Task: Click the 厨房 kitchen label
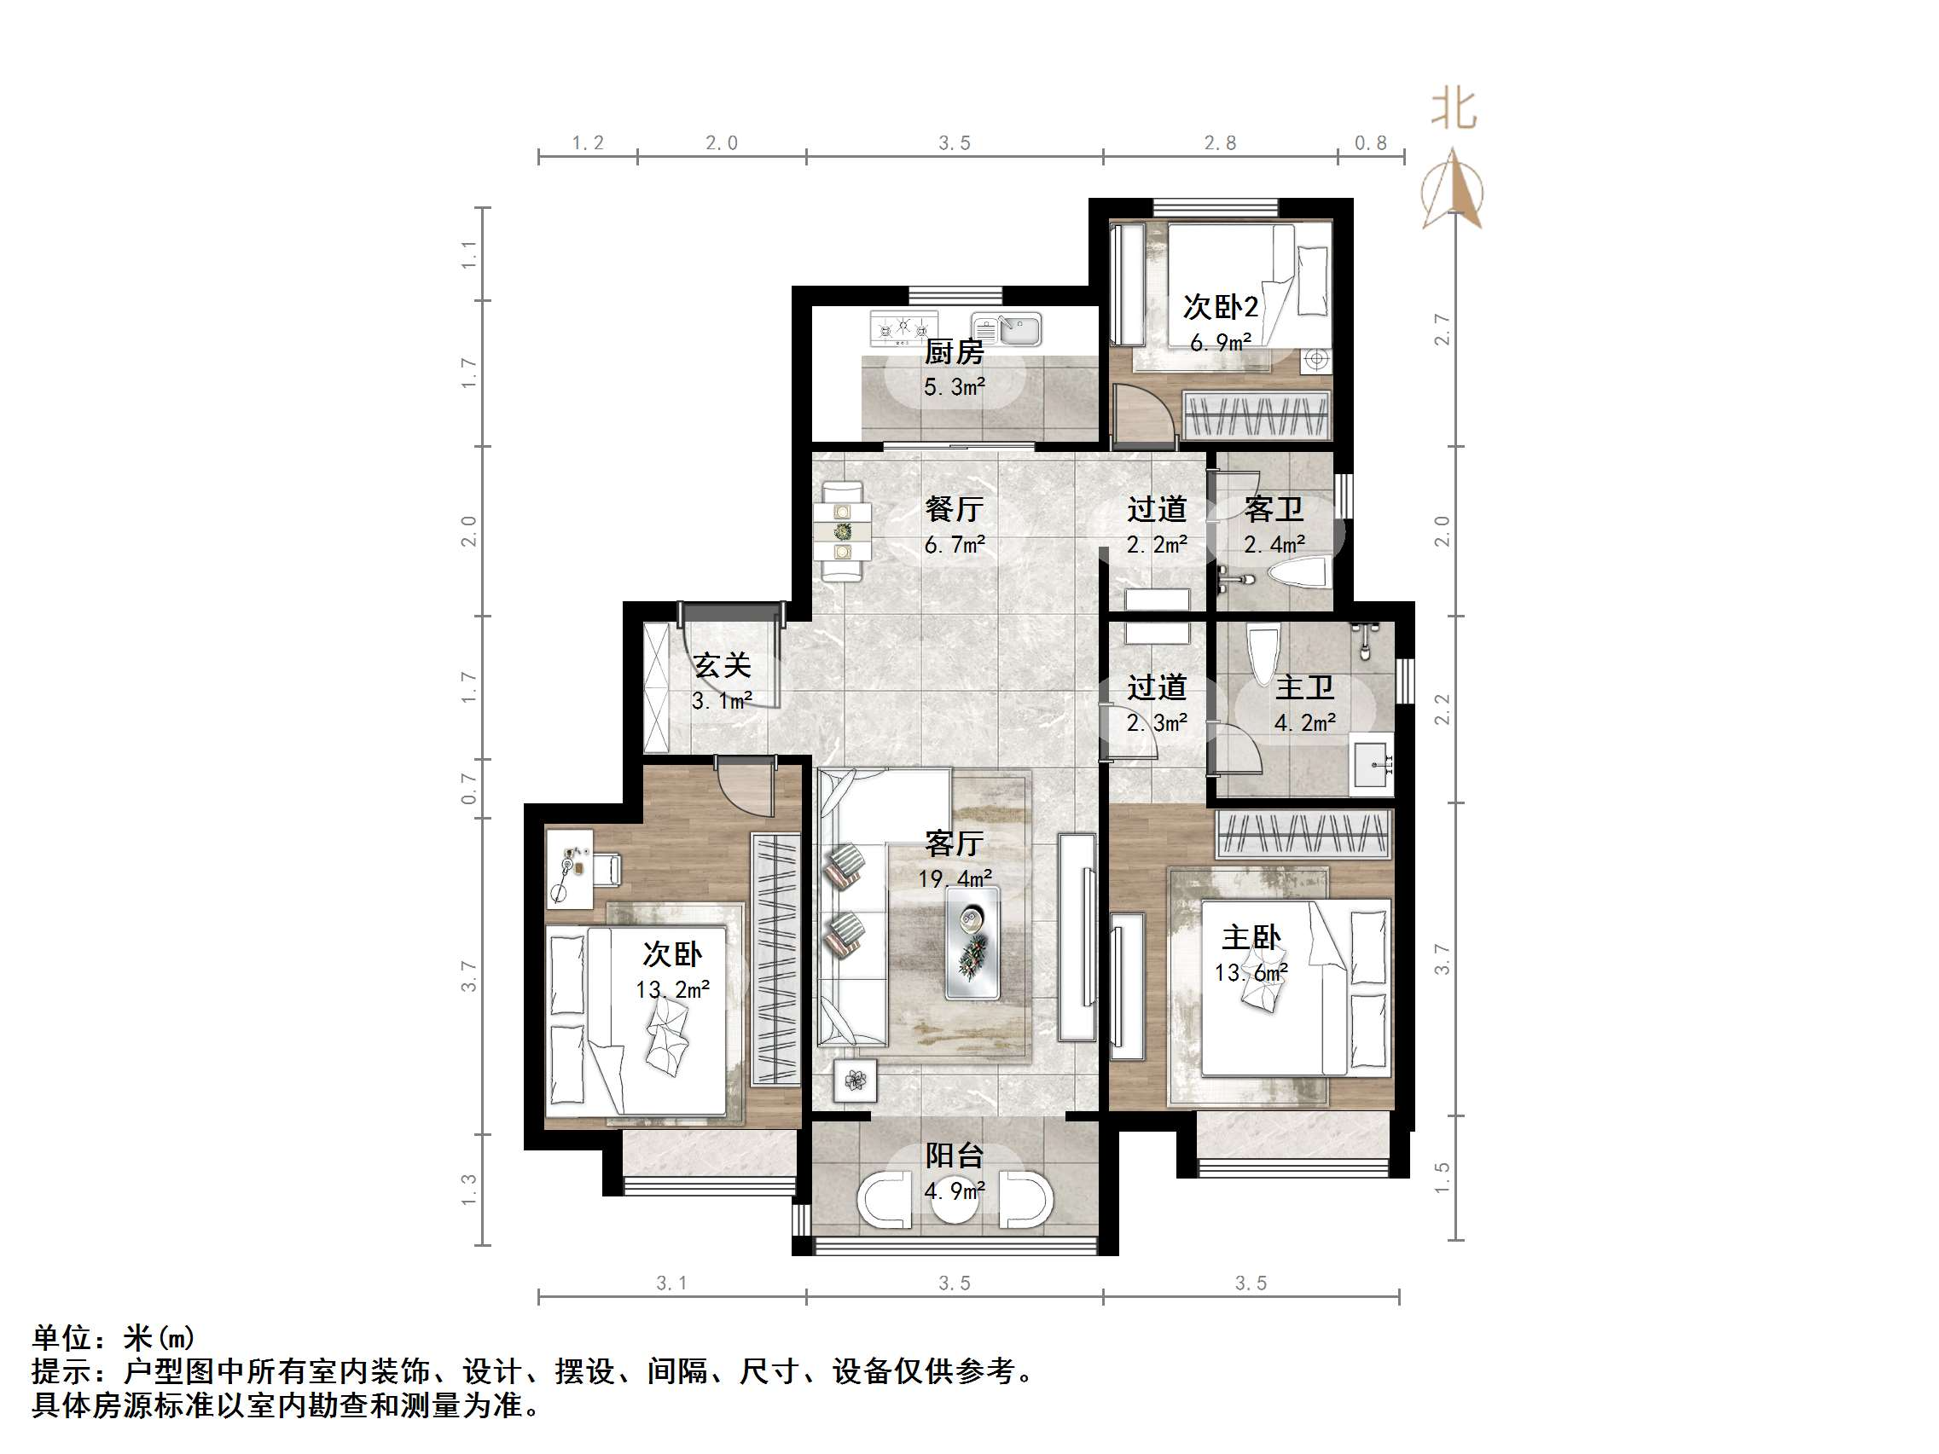pyautogui.click(x=954, y=352)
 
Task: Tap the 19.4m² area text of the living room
pyautogui.click(x=955, y=878)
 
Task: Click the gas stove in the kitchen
pyautogui.click(x=903, y=327)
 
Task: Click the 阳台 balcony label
pyautogui.click(x=954, y=1156)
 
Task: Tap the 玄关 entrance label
pyautogui.click(x=723, y=665)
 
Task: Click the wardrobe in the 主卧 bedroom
pyautogui.click(x=1303, y=833)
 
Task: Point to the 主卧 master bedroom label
pyautogui.click(x=1251, y=938)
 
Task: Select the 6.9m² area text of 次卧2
pyautogui.click(x=1219, y=343)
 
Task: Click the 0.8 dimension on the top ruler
pyautogui.click(x=1371, y=143)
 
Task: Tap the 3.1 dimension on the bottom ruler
pyautogui.click(x=671, y=1283)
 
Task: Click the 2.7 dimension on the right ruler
pyautogui.click(x=1442, y=329)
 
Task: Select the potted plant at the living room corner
pyautogui.click(x=855, y=1080)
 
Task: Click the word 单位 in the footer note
pyautogui.click(x=62, y=1338)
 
